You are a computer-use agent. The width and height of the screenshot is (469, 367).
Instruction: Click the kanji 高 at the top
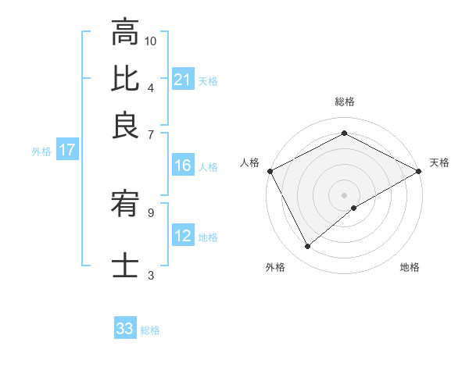[x=125, y=34]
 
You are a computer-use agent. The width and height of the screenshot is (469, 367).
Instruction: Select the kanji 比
[x=125, y=79]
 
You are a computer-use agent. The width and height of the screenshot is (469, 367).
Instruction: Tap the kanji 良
[x=125, y=124]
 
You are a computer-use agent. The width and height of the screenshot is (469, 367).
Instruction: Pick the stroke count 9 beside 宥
[x=151, y=211]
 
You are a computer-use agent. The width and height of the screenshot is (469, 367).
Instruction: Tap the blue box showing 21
[x=182, y=80]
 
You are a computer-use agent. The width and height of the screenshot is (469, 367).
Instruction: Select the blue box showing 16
[x=182, y=166]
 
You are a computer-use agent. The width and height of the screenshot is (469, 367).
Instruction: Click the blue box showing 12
[x=182, y=236]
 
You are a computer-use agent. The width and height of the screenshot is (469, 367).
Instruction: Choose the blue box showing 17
[x=66, y=151]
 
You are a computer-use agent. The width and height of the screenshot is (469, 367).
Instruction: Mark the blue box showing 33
[x=125, y=329]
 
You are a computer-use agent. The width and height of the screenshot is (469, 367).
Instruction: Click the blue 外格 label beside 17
[x=41, y=151]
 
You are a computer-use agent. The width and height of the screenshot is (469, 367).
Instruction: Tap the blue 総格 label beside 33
[x=150, y=330]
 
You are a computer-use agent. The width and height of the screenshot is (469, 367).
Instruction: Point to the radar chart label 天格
[x=439, y=162]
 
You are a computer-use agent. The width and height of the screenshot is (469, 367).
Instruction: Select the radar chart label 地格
[x=410, y=268]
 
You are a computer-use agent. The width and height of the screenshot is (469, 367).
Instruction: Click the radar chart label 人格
[x=249, y=162]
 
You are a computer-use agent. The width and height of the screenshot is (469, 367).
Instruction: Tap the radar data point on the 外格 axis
[x=307, y=247]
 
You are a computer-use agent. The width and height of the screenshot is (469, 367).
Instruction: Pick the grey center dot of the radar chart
[x=345, y=195]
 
